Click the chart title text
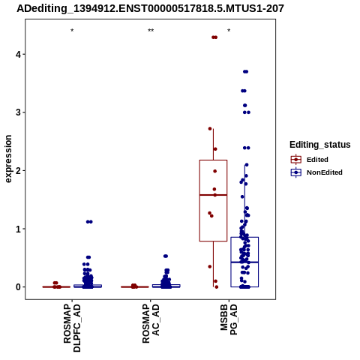pyautogui.click(x=150, y=9)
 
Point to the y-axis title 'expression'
pyautogui.click(x=8, y=159)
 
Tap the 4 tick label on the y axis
pyautogui.click(x=18, y=54)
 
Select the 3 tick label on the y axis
pyautogui.click(x=18, y=112)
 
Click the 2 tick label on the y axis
pyautogui.click(x=18, y=170)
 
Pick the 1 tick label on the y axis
pyautogui.click(x=18, y=229)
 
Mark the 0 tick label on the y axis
pyautogui.click(x=18, y=287)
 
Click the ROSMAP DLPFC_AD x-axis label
pyautogui.click(x=72, y=328)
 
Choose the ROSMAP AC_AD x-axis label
pyautogui.click(x=151, y=323)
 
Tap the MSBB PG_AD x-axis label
pyautogui.click(x=229, y=319)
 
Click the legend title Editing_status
pyautogui.click(x=320, y=145)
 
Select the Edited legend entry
pyautogui.click(x=309, y=160)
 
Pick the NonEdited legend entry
pyautogui.click(x=316, y=172)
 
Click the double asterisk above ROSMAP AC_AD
pyautogui.click(x=151, y=31)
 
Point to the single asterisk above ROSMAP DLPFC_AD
pyautogui.click(x=72, y=31)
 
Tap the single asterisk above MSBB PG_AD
pyautogui.click(x=229, y=31)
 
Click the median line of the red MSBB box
pyautogui.click(x=213, y=195)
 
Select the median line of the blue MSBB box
pyautogui.click(x=244, y=262)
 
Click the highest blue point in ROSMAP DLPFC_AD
pyautogui.click(x=89, y=222)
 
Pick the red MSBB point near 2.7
pyautogui.click(x=210, y=129)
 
